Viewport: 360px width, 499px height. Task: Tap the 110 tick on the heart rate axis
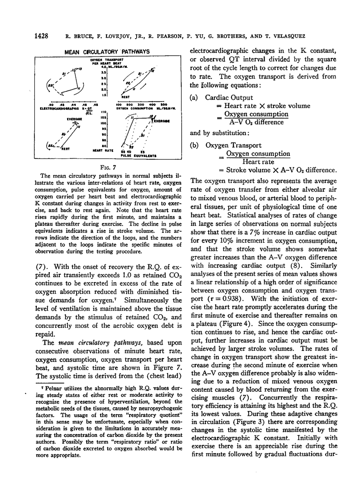click(x=104, y=112)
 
